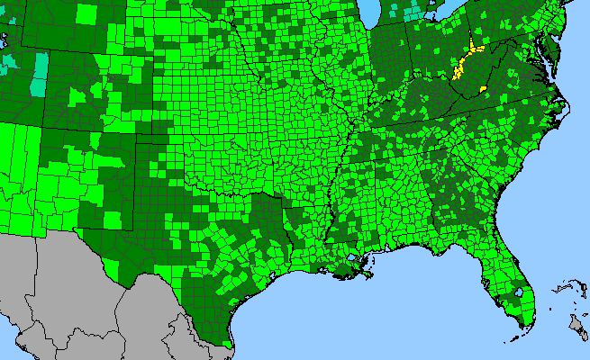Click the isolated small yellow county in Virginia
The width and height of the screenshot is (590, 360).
click(484, 88)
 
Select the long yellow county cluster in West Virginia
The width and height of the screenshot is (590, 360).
click(465, 61)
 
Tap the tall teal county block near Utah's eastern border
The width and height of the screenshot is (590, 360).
click(39, 74)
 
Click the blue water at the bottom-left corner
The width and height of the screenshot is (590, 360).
click(4, 355)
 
